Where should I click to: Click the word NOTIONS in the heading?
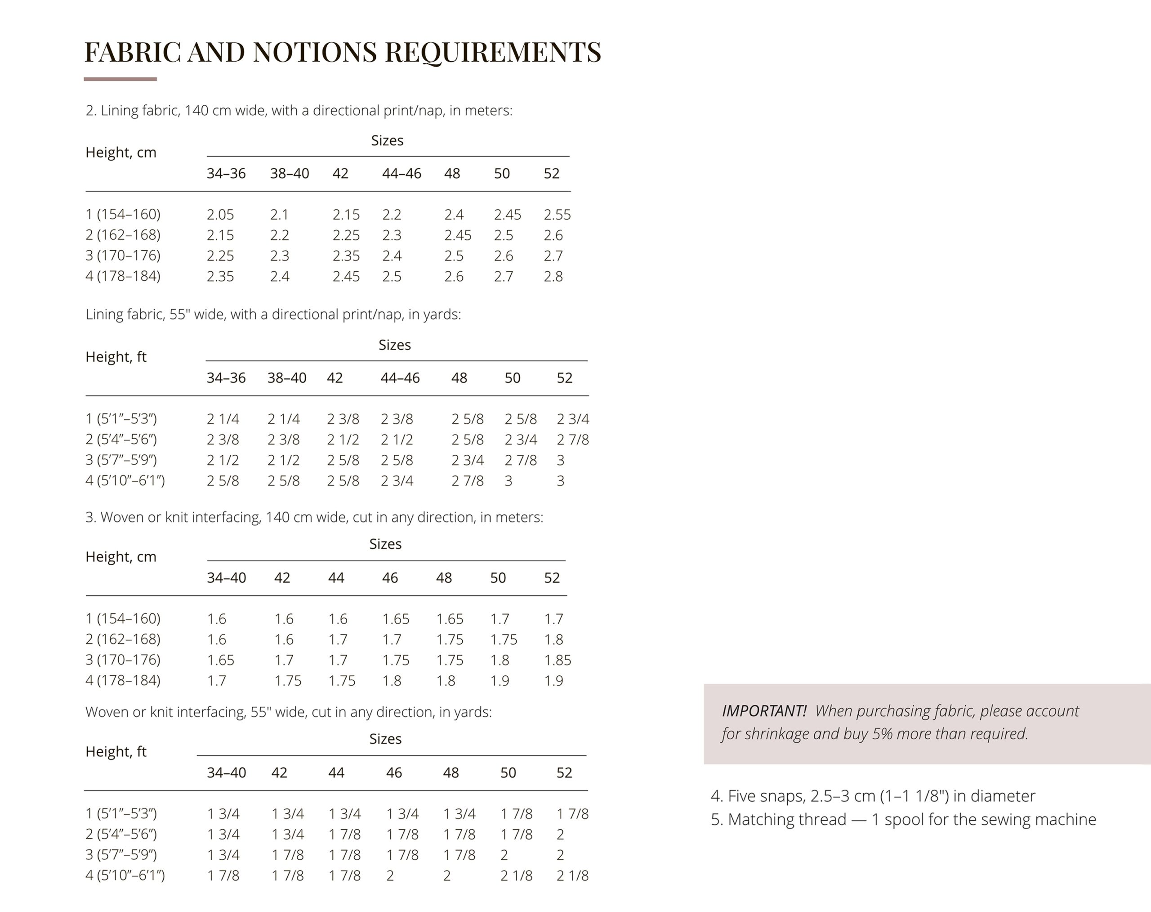click(x=315, y=52)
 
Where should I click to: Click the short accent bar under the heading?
click(x=120, y=79)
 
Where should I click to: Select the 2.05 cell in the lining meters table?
click(x=220, y=215)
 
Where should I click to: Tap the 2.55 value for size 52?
click(x=557, y=215)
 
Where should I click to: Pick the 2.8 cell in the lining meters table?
click(x=553, y=277)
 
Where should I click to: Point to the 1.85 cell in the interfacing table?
click(x=557, y=660)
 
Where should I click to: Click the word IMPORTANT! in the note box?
click(x=763, y=711)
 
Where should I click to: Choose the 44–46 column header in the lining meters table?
click(x=401, y=174)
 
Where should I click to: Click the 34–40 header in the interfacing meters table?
click(x=226, y=578)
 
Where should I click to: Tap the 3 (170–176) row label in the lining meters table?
click(x=123, y=256)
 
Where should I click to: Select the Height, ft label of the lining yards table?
click(x=116, y=357)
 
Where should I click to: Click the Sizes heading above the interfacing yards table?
click(x=385, y=739)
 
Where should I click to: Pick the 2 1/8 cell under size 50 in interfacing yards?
click(x=516, y=876)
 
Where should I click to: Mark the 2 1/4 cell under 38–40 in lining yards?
click(x=283, y=419)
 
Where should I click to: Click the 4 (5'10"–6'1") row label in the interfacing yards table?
click(x=125, y=876)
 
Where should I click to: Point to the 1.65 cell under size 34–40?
click(x=220, y=660)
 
